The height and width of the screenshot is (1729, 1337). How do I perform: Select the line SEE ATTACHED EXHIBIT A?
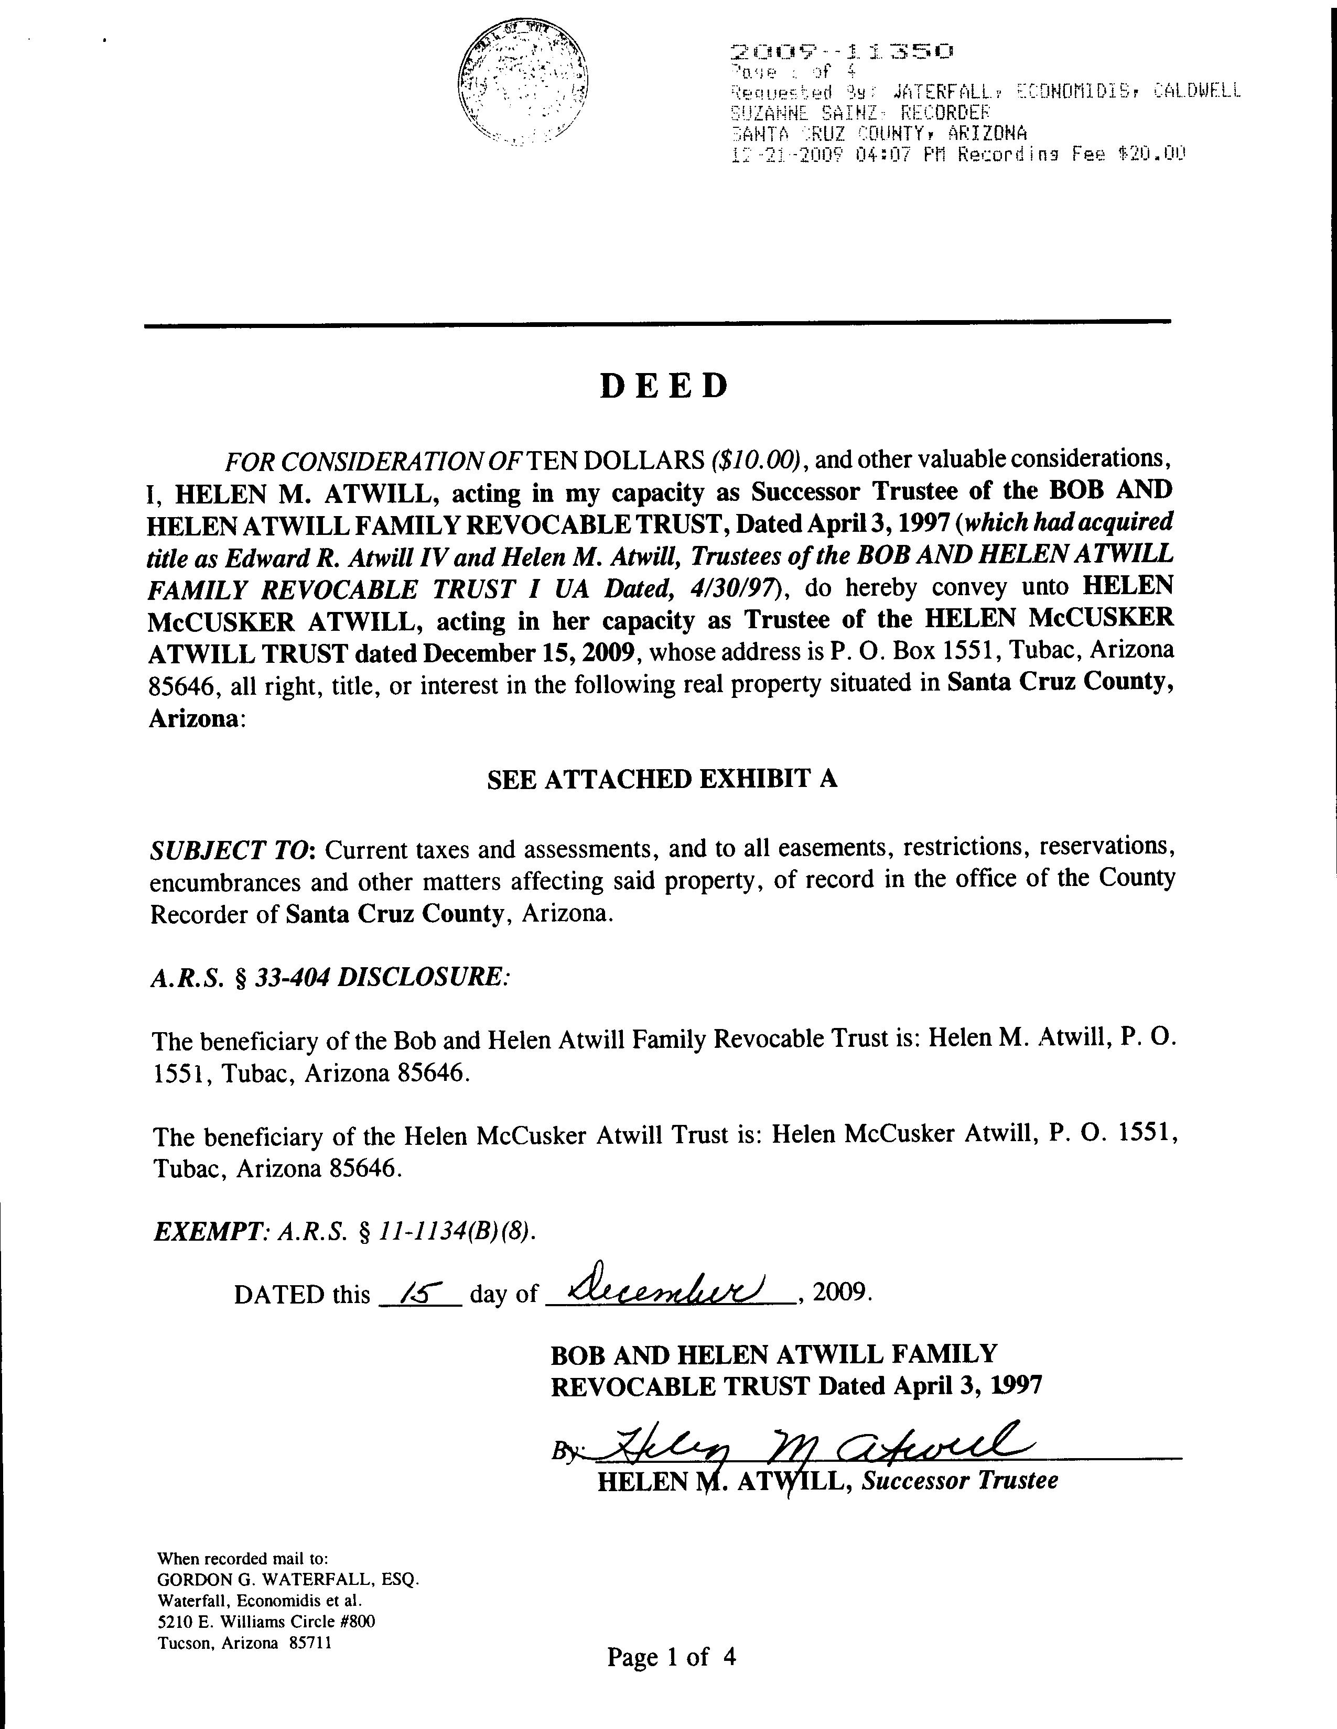click(x=662, y=780)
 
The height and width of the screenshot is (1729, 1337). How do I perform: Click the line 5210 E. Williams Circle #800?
click(x=266, y=1622)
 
